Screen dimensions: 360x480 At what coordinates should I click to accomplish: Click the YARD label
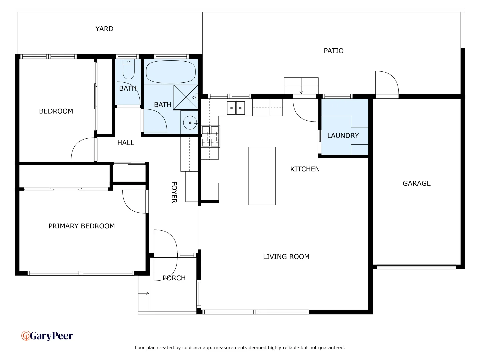pos(104,29)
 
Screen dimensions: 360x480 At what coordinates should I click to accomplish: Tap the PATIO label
pos(333,51)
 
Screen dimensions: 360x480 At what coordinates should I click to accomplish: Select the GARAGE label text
pos(417,183)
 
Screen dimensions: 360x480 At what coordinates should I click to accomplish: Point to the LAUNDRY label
pos(343,136)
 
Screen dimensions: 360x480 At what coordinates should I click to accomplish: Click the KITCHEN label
pos(305,169)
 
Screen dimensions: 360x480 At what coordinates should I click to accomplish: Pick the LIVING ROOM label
pos(286,257)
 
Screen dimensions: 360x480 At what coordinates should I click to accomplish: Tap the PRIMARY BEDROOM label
pos(82,226)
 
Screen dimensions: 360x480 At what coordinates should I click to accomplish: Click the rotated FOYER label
pos(174,192)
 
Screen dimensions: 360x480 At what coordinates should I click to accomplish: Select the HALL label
pos(126,143)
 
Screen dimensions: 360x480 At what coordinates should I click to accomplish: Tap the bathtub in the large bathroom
pos(171,72)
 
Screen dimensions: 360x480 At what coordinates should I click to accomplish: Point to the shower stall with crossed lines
pos(186,97)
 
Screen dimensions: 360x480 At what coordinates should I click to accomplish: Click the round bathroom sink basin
pos(190,123)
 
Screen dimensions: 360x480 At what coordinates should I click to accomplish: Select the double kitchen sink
pos(236,108)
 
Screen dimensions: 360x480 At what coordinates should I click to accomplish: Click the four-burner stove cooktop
pos(210,136)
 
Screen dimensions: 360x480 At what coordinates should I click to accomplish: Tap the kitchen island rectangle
pos(262,176)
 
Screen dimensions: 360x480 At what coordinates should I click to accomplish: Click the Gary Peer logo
pos(47,336)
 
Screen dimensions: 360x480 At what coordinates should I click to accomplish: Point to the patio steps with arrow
pos(301,86)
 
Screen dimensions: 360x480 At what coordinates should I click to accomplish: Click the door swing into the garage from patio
pos(387,83)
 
